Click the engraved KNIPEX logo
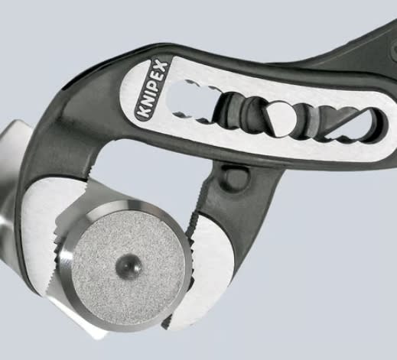click(151, 89)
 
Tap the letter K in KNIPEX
click(142, 112)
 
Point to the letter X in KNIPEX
click(161, 66)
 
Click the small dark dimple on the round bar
click(129, 265)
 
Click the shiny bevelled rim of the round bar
click(65, 262)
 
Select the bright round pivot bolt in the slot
click(281, 118)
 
